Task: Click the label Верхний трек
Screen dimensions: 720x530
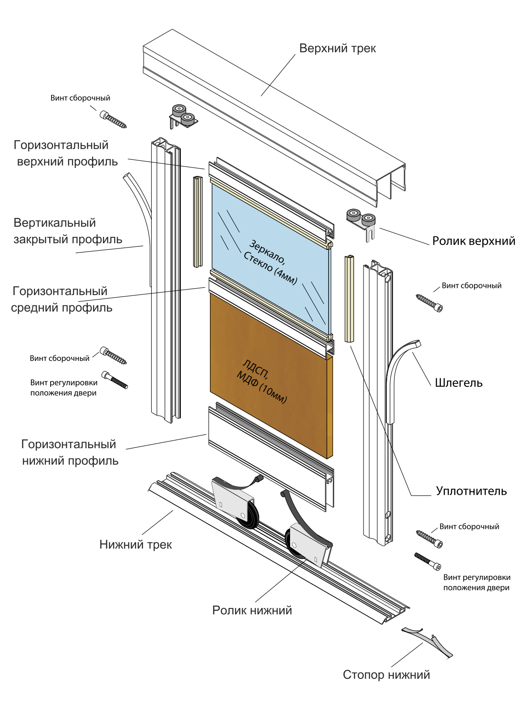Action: pyautogui.click(x=338, y=48)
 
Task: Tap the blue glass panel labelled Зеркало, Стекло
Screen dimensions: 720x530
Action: pyautogui.click(x=269, y=251)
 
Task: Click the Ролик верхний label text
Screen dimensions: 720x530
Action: pyautogui.click(x=474, y=241)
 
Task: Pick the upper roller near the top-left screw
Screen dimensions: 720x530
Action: pyautogui.click(x=182, y=116)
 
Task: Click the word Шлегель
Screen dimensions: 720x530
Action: pyautogui.click(x=458, y=383)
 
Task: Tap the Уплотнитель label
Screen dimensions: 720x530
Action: pyautogui.click(x=471, y=491)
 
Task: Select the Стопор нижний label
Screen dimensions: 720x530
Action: pyautogui.click(x=386, y=675)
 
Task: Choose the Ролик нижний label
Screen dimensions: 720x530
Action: pyautogui.click(x=252, y=610)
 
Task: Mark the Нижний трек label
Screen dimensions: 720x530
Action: pyautogui.click(x=136, y=544)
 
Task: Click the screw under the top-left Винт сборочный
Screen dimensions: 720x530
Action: pyautogui.click(x=113, y=120)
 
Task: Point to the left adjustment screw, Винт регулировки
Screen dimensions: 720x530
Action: pyautogui.click(x=115, y=380)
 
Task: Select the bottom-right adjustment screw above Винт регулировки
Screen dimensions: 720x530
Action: pyautogui.click(x=427, y=561)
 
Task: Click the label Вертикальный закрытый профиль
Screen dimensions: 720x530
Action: pyautogui.click(x=68, y=231)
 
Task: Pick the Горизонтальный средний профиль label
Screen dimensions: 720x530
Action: pyautogui.click(x=61, y=300)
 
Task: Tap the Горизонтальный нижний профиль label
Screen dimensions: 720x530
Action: pyautogui.click(x=70, y=453)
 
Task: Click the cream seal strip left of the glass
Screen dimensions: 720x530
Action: pyautogui.click(x=197, y=222)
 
